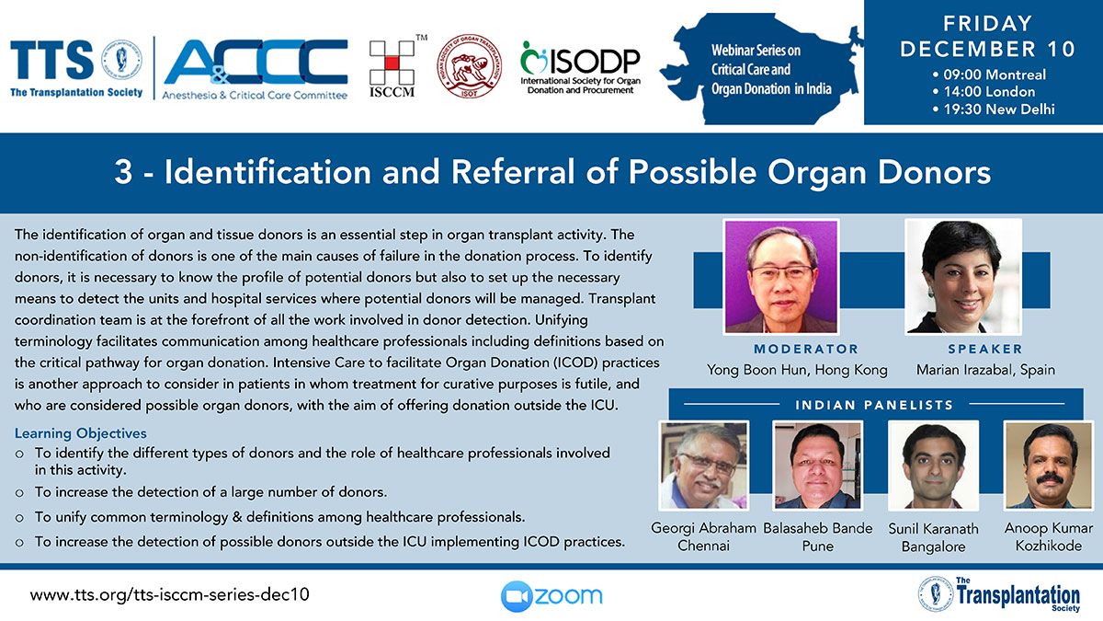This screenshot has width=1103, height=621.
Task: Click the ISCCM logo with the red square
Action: pos(392,66)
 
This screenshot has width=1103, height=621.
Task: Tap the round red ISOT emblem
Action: pos(470,66)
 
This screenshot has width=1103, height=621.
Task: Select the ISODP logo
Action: pos(580,67)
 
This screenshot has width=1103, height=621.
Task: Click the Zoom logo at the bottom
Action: pos(551,596)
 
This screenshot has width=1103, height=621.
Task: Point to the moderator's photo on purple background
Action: pos(781,277)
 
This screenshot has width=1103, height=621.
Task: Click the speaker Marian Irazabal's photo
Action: pos(963,277)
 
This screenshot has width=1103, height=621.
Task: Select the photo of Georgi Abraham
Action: pos(704,466)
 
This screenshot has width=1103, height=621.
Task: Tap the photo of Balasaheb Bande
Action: pos(818,466)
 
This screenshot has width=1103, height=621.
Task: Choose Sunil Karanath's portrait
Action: pos(933,466)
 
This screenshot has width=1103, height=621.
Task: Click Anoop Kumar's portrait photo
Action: pos(1049,466)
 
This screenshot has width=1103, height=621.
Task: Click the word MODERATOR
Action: pos(806,349)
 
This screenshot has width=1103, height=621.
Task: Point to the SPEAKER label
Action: pos(985,349)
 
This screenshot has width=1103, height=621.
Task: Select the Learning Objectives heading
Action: pos(80,433)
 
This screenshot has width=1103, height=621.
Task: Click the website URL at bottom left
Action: pos(169,594)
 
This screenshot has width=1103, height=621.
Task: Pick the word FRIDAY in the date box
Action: pos(987,24)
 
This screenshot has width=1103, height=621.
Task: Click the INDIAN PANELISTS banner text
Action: pos(874,405)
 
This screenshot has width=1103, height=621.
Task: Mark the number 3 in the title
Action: pos(123,171)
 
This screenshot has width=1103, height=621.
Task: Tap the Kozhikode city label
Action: pos(1049,546)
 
